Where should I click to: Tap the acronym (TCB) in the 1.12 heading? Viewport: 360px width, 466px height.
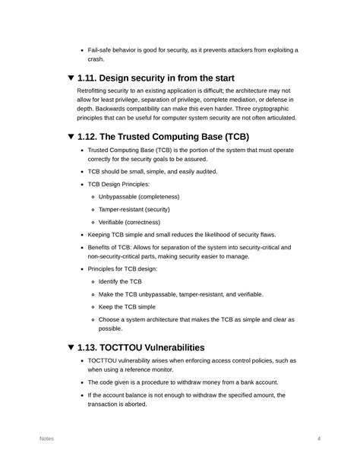[232, 137]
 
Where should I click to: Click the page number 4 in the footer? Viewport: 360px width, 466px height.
[319, 439]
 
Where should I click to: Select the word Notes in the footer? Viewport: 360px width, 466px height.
[46, 439]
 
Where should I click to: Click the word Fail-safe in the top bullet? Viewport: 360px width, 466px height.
[102, 50]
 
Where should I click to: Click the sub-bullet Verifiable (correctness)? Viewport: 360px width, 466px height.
[129, 222]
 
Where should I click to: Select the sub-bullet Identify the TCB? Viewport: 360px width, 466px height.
[119, 281]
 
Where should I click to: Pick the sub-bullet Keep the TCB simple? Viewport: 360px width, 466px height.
[127, 306]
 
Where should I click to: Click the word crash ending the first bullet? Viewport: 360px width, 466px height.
[96, 59]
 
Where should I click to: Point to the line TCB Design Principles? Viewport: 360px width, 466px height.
[119, 184]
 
